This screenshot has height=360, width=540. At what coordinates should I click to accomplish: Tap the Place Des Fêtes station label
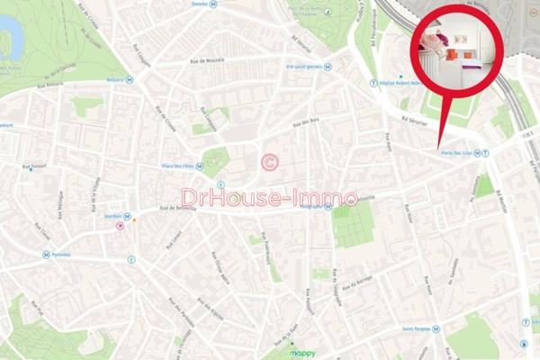point(176,166)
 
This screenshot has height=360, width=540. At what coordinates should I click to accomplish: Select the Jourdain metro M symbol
point(127,216)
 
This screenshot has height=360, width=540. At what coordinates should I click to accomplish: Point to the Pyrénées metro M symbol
point(45,255)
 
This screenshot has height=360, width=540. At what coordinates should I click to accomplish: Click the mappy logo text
point(302,354)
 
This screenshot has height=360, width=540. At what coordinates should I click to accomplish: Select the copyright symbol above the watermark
point(268,162)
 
